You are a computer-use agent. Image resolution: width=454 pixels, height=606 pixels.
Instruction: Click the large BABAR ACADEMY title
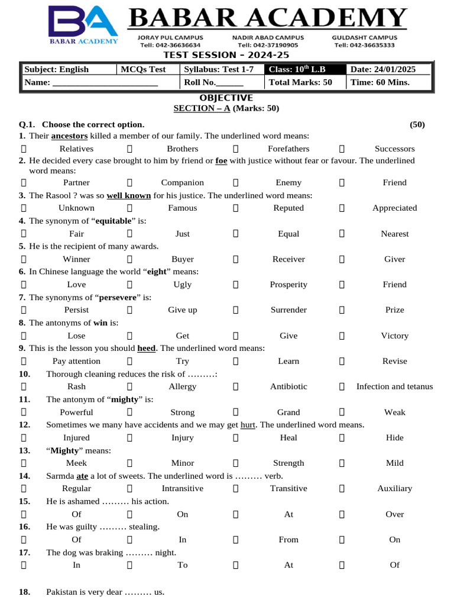268,19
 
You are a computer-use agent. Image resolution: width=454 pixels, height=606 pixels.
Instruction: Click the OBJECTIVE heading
226,98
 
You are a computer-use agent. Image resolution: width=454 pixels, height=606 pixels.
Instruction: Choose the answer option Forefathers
288,149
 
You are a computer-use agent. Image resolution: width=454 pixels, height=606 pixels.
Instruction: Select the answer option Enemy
288,183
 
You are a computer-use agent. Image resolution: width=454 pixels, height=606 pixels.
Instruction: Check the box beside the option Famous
129,208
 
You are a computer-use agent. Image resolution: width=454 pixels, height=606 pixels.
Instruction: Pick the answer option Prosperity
288,285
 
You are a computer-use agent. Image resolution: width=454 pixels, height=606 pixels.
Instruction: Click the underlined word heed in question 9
146,349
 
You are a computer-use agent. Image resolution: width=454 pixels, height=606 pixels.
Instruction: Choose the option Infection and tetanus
394,386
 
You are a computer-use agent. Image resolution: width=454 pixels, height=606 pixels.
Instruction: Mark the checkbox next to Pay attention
24,361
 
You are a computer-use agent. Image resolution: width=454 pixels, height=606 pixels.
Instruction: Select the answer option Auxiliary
394,488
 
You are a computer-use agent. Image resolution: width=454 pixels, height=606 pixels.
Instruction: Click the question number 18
24,592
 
